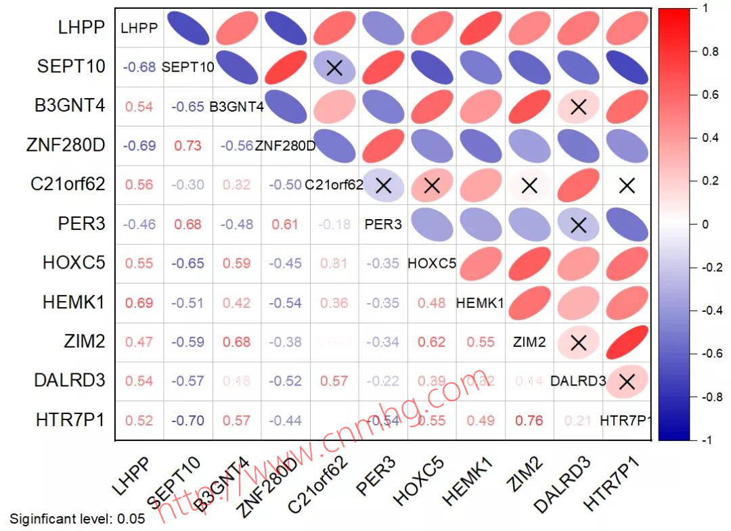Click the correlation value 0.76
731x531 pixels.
(x=529, y=421)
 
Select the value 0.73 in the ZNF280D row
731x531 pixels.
(x=188, y=145)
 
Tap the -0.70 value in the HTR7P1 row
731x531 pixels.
(x=188, y=421)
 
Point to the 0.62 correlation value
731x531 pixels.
(x=432, y=342)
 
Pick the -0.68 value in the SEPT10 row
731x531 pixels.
(x=139, y=67)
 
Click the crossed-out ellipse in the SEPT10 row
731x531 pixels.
(x=334, y=67)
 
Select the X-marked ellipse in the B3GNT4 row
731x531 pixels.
(x=578, y=106)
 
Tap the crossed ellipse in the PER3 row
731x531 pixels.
(x=578, y=225)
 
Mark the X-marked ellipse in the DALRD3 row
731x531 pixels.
(x=627, y=382)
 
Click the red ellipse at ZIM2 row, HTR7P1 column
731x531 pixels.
(x=627, y=342)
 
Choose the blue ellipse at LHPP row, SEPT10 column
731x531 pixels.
(x=188, y=28)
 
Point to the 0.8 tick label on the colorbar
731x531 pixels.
(x=710, y=51)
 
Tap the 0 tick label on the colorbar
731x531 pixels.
(x=705, y=225)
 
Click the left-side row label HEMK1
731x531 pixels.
(x=74, y=302)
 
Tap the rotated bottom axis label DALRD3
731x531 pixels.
(x=561, y=484)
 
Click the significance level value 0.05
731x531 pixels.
(x=131, y=519)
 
